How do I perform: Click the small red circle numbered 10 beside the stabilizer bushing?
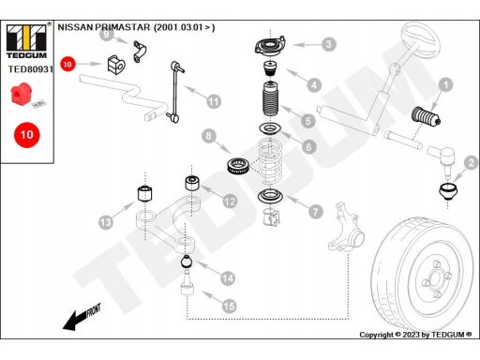(67, 64)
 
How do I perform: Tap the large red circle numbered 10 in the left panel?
(27, 135)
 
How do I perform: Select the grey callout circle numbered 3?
(328, 44)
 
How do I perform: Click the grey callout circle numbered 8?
(209, 136)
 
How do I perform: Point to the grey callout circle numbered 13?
(106, 222)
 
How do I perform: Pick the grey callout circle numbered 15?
(229, 306)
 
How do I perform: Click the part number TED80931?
(31, 69)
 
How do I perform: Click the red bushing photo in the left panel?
(21, 94)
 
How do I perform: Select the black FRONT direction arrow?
(82, 317)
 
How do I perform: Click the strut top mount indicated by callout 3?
(270, 47)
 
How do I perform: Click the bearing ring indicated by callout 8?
(238, 166)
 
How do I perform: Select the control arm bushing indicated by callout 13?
(145, 193)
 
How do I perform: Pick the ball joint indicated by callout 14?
(187, 262)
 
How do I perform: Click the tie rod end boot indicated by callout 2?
(448, 192)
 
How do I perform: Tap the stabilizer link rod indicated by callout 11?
(175, 91)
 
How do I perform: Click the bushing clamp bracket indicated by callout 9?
(140, 52)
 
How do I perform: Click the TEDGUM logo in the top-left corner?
(26, 41)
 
